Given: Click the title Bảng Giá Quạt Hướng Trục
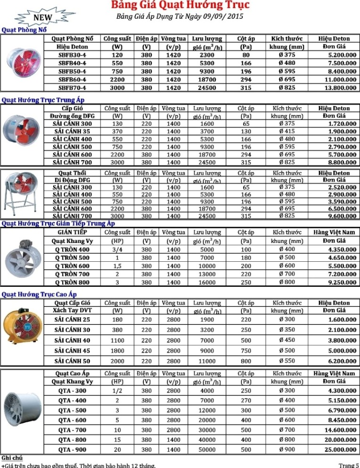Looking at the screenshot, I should pos(180,6).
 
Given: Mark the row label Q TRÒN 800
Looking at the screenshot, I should pos(72,282).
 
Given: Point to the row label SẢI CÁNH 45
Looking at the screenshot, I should pos(72,350).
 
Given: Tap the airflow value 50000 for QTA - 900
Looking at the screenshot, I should pos(207,450).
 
